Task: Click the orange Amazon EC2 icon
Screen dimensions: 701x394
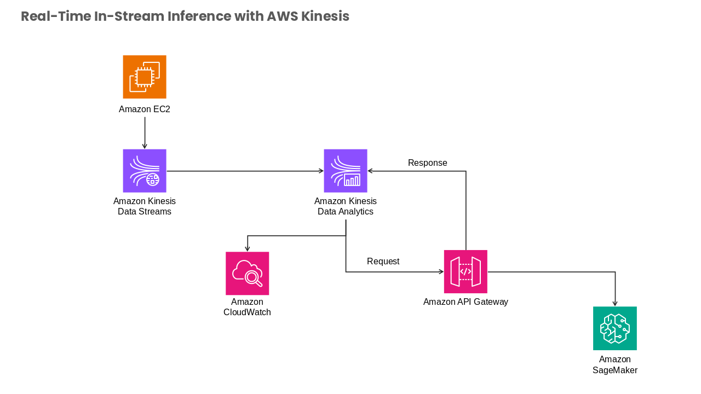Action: pyautogui.click(x=145, y=77)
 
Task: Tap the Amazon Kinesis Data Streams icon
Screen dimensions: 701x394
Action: pyautogui.click(x=145, y=171)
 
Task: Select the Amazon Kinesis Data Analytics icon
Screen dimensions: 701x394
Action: pyautogui.click(x=346, y=171)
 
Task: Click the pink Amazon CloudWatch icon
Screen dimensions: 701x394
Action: pyautogui.click(x=247, y=273)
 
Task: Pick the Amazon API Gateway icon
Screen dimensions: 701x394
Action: pyautogui.click(x=466, y=272)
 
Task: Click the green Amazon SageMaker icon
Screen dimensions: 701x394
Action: pyautogui.click(x=615, y=328)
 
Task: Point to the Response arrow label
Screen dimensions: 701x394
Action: pyautogui.click(x=428, y=163)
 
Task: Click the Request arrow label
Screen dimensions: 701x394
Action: pyautogui.click(x=383, y=262)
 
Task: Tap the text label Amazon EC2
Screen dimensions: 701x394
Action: pyautogui.click(x=144, y=109)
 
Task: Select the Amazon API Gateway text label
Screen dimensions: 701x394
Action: pyautogui.click(x=466, y=302)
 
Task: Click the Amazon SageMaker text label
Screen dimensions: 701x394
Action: pyautogui.click(x=615, y=364)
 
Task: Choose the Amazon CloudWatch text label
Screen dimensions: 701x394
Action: pyautogui.click(x=247, y=307)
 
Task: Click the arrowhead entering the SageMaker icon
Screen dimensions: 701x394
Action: pyautogui.click(x=615, y=304)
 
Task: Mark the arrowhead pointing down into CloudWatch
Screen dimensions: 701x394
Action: pyautogui.click(x=247, y=249)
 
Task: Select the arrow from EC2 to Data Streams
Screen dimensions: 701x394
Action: pyautogui.click(x=145, y=133)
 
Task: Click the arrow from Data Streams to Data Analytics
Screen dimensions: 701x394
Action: pyautogui.click(x=245, y=171)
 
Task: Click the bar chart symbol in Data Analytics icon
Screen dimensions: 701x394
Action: pyautogui.click(x=352, y=179)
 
